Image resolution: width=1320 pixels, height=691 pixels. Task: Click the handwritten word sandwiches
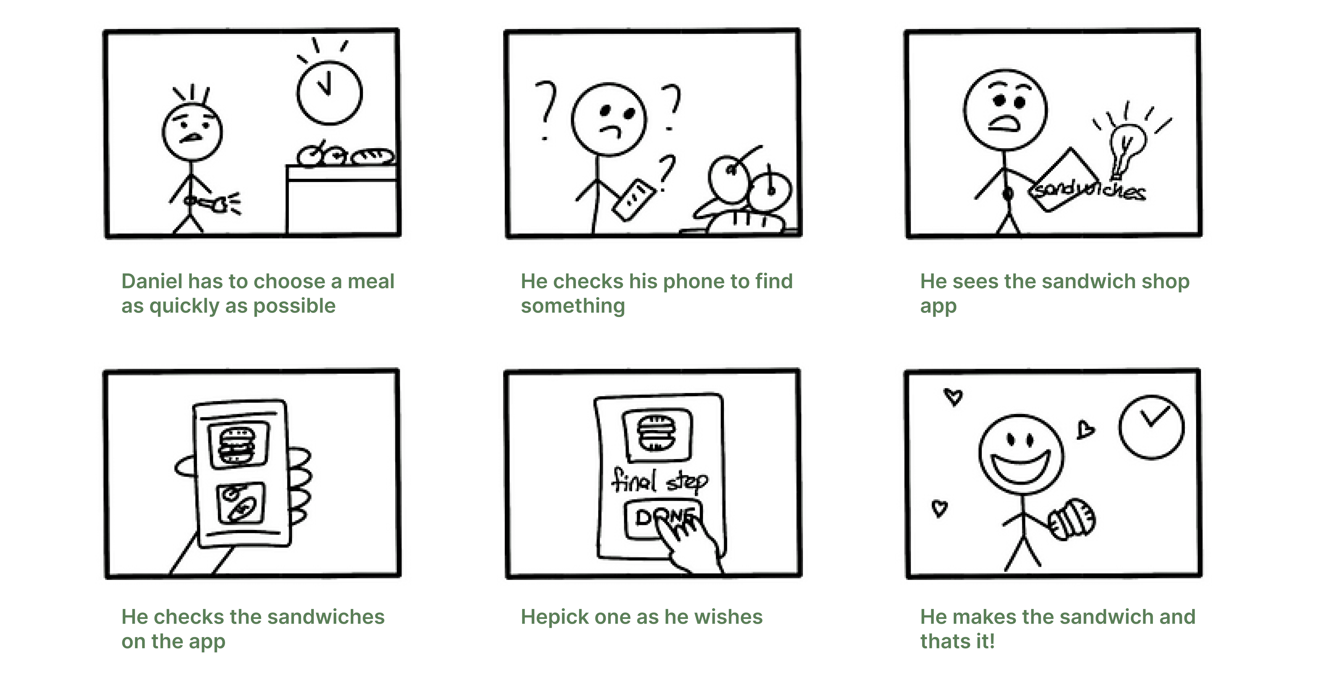coord(1087,189)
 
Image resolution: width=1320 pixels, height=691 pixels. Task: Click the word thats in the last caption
coord(946,641)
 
